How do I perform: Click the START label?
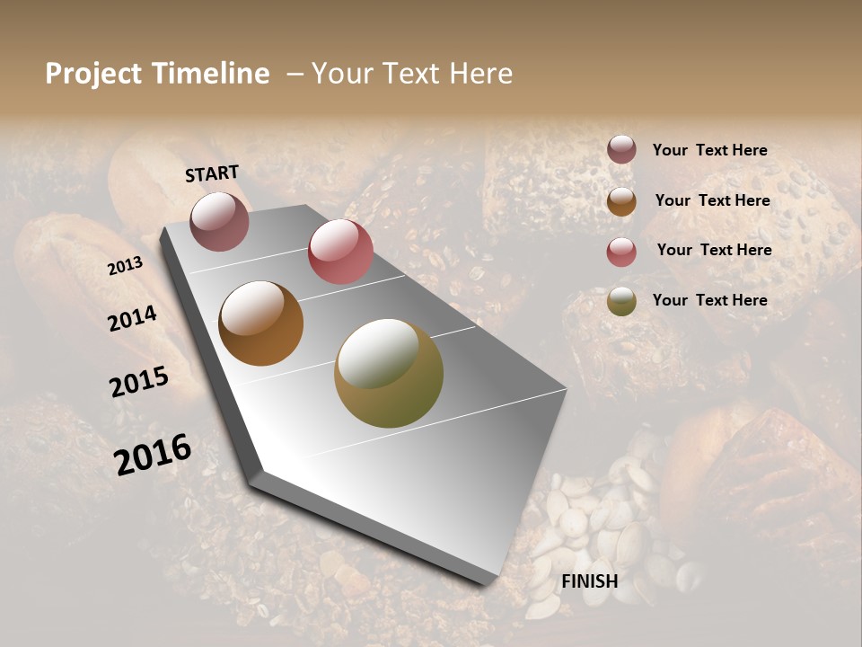click(212, 173)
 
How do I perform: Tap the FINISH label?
click(589, 581)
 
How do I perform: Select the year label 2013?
click(125, 265)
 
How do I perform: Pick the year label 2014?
click(132, 318)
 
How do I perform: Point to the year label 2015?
click(139, 382)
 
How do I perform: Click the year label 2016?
click(153, 454)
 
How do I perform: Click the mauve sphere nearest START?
click(219, 221)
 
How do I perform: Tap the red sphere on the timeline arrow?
click(340, 252)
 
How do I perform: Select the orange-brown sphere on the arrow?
click(260, 323)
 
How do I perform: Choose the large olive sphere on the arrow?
click(389, 373)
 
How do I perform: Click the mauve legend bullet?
click(621, 150)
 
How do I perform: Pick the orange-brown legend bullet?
click(621, 201)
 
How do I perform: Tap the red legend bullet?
click(621, 252)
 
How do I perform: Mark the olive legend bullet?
click(621, 301)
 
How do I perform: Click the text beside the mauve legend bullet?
click(709, 150)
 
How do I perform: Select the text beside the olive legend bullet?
click(709, 300)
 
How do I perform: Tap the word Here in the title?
click(481, 74)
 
